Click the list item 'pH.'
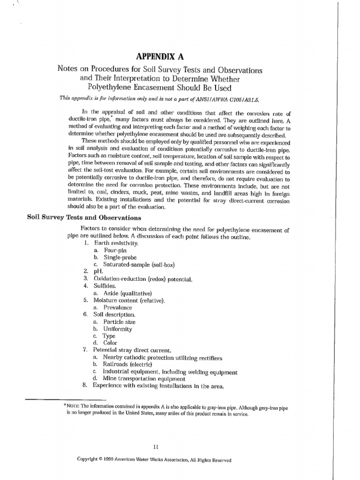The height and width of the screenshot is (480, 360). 98,271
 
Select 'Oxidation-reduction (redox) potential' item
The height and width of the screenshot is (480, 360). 142,279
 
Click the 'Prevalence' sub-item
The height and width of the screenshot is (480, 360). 118,307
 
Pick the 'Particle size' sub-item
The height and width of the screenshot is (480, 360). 120,322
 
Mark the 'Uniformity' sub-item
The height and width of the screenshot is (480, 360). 118,329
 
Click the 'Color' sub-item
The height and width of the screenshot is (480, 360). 110,343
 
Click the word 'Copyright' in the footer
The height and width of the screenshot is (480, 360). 90,460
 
